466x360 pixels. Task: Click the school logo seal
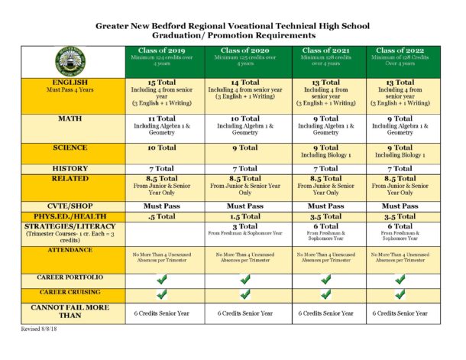(70, 60)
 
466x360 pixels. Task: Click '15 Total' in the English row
(163, 81)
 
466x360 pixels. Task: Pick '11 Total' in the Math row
(163, 118)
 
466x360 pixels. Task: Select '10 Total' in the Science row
(163, 148)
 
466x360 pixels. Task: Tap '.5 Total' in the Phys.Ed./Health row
(163, 216)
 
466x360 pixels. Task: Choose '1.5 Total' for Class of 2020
(244, 216)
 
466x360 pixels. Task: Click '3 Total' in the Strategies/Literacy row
(244, 226)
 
